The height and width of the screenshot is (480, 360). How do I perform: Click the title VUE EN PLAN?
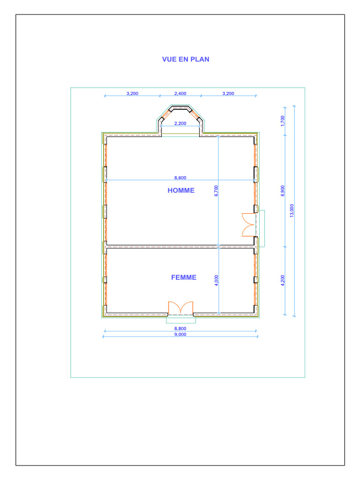[x=186, y=60]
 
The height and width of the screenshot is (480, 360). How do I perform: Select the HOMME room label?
[x=181, y=190]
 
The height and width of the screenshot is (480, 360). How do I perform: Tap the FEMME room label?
[x=184, y=277]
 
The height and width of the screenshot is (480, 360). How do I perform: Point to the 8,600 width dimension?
[x=180, y=178]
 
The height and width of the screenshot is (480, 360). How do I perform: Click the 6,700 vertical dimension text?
[x=217, y=191]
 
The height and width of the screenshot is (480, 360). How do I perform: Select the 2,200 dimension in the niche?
[x=180, y=123]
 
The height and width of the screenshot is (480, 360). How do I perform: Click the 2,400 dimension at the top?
[x=180, y=93]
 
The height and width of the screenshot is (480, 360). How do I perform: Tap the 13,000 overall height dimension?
[x=292, y=210]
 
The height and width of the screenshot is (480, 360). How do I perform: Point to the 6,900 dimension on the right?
[x=283, y=191]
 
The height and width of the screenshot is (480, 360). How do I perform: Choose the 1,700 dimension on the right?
[x=283, y=120]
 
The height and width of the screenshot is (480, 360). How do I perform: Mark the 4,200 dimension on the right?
[x=283, y=282]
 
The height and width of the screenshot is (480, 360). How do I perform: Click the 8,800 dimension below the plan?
[x=180, y=329]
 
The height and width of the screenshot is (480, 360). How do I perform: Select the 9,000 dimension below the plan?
[x=180, y=334]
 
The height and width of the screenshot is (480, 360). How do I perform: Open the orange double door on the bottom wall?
[x=180, y=308]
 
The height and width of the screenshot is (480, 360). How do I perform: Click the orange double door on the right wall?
[x=248, y=225]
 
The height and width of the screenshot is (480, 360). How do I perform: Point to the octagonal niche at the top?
[x=180, y=117]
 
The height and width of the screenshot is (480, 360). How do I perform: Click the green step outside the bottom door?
[x=180, y=320]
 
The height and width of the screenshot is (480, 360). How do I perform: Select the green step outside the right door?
[x=262, y=228]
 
